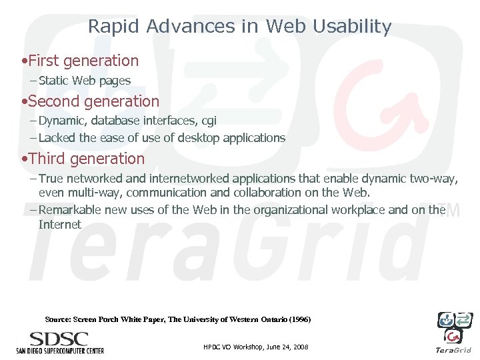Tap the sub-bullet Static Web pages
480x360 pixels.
85,81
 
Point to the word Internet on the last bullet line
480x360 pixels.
60,225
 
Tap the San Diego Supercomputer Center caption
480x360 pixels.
60,349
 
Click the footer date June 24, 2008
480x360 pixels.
285,348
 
